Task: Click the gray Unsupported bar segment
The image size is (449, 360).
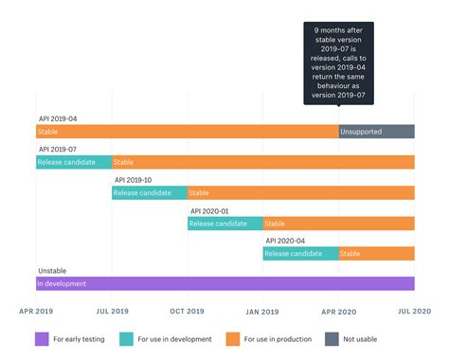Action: point(376,132)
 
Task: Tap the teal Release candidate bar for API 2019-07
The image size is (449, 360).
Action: point(74,162)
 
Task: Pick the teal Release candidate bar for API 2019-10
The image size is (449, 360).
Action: point(150,192)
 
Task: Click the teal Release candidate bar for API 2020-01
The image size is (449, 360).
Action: point(224,223)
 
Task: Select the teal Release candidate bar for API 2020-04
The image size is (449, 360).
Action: point(300,253)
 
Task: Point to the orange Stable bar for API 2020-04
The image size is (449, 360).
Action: point(376,253)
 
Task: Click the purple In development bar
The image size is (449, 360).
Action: point(224,283)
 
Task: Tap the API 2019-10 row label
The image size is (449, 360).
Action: point(134,179)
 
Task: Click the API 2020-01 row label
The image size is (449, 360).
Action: point(209,210)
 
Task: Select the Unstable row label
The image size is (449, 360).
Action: point(52,271)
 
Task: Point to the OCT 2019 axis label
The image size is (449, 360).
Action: point(188,311)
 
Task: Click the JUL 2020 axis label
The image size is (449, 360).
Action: point(414,311)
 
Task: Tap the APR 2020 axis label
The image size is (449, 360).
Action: point(338,311)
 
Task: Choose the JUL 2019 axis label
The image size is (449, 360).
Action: point(112,311)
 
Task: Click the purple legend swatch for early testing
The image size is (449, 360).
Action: point(42,338)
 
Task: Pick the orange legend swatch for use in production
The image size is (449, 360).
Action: point(233,338)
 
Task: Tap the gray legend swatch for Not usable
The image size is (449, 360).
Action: point(332,338)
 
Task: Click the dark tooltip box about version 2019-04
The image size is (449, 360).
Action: point(338,63)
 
